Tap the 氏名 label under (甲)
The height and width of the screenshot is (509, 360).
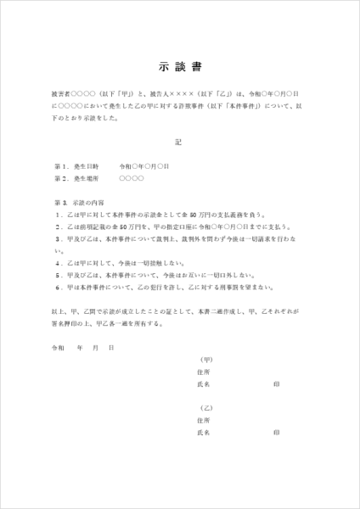[x=203, y=384]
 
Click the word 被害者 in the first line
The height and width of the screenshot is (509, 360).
[x=61, y=95]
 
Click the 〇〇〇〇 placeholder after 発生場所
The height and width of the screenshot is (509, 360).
[x=132, y=179]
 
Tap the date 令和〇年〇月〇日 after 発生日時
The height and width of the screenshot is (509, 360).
[x=144, y=167]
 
